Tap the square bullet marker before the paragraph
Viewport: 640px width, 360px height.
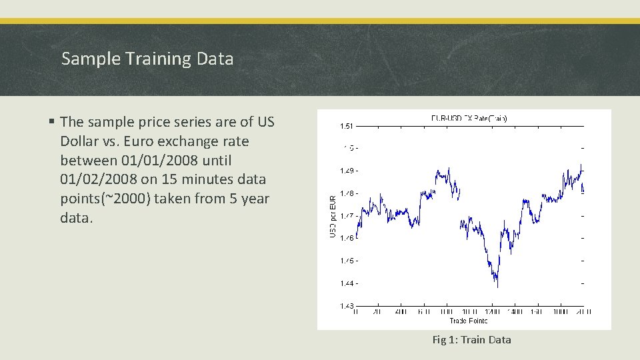point(51,122)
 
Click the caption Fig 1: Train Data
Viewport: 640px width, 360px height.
point(471,340)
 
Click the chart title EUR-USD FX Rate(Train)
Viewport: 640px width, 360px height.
point(469,118)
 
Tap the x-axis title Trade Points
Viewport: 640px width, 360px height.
point(469,321)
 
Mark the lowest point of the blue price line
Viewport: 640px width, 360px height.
point(497,287)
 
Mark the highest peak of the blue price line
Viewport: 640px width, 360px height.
point(581,164)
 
